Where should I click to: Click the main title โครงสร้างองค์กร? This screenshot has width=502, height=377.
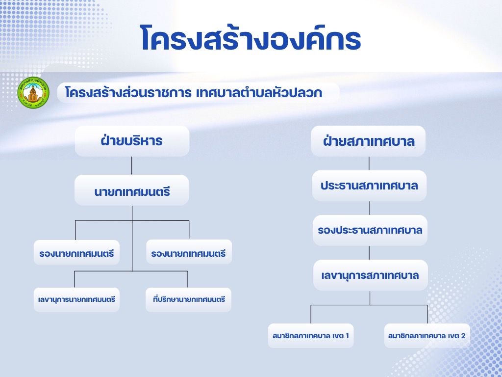251,38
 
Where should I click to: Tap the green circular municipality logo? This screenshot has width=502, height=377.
33,92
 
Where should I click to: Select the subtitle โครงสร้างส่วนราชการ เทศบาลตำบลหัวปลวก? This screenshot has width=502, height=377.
193,93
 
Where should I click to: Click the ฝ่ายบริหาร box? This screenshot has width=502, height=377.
132,141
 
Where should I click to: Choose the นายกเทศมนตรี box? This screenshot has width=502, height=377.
131,190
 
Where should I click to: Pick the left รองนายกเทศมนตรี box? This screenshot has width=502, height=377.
76,252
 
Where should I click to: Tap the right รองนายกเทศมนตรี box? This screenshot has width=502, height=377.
189,252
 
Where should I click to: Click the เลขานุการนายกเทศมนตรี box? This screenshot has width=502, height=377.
76,300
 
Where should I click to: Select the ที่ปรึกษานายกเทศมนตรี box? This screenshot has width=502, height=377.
189,300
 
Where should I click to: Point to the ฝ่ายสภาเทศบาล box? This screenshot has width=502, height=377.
368,141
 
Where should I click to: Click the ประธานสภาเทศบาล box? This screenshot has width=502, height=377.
369,186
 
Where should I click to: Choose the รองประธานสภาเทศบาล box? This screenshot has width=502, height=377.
370,231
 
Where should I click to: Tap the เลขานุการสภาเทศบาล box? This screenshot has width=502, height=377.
371,275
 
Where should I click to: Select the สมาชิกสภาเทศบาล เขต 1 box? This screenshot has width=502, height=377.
311,336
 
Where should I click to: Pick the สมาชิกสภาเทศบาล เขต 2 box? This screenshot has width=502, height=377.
427,336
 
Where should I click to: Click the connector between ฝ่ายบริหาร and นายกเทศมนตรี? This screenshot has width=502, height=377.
131,165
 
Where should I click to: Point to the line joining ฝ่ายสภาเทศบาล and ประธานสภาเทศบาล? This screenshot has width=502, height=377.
369,163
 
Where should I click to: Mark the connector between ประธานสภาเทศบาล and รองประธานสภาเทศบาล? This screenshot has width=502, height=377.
370,208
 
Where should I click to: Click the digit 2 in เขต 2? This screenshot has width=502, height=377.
463,336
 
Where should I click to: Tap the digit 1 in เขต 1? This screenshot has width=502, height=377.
347,336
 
